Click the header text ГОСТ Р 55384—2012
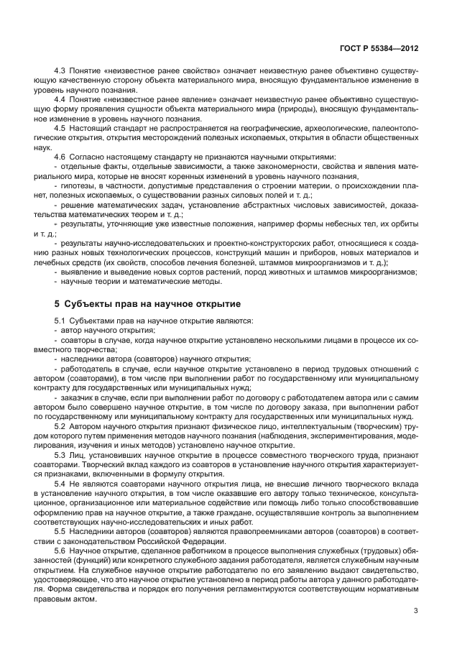(379, 49)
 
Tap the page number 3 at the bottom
(415, 611)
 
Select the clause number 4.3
(60, 72)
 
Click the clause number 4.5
(60, 128)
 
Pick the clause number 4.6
(60, 156)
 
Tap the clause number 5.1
(60, 320)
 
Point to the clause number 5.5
(60, 530)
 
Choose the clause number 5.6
(60, 549)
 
